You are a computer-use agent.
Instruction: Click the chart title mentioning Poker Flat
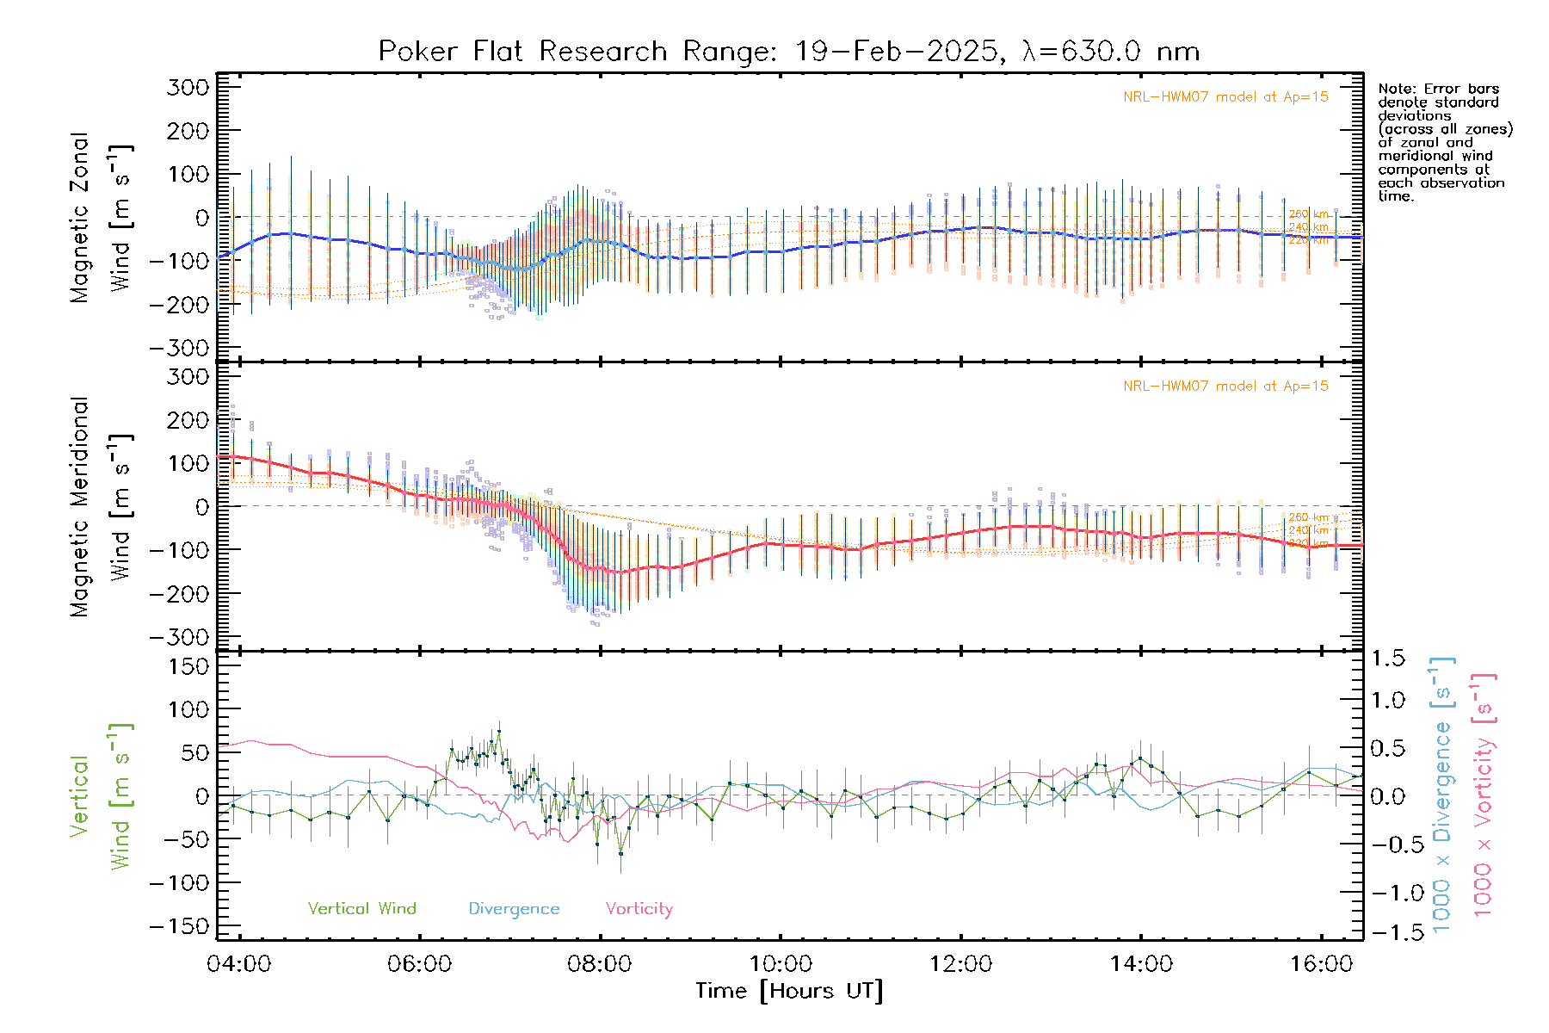pos(788,52)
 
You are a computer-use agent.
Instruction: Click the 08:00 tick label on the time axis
pos(600,964)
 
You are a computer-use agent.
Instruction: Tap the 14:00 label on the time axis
pos(1141,964)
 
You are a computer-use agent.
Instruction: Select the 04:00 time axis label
pos(239,964)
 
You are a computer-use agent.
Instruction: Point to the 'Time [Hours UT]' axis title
pos(788,992)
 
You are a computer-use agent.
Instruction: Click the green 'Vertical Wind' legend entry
pos(361,909)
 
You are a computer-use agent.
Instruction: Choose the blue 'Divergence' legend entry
pos(514,909)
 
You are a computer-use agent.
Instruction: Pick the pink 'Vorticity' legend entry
pos(639,909)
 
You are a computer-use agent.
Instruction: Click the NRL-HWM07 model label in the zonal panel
pos(1225,97)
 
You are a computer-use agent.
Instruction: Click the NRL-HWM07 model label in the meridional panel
pos(1225,387)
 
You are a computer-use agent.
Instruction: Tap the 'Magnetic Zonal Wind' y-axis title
pos(102,217)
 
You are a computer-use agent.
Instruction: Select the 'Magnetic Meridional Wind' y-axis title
pos(102,506)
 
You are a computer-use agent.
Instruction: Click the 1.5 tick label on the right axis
pos(1388,659)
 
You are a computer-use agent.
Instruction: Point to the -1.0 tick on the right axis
pos(1388,893)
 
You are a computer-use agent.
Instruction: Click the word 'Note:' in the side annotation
pos(1396,89)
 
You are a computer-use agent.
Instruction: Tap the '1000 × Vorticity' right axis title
pos(1484,795)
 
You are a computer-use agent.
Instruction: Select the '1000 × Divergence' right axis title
pos(1442,795)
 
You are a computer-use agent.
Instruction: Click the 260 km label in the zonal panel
pos(1308,214)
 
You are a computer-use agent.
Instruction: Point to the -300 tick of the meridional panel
pos(179,638)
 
